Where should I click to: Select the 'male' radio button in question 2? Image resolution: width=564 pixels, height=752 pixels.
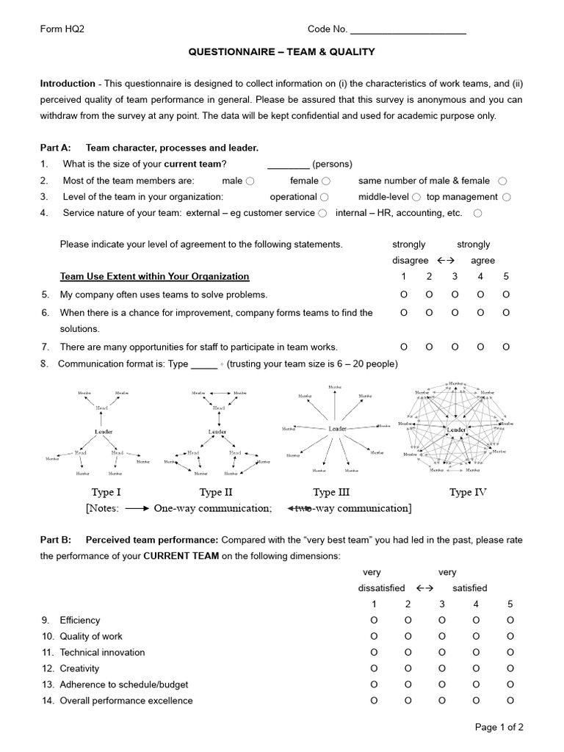pyautogui.click(x=250, y=181)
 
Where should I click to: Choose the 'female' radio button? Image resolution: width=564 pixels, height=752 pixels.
pyautogui.click(x=326, y=181)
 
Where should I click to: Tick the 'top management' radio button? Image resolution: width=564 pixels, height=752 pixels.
pyautogui.click(x=507, y=197)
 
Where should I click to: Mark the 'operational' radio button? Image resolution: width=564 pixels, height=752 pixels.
pyautogui.click(x=324, y=197)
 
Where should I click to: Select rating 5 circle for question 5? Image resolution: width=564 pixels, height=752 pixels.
pyautogui.click(x=506, y=294)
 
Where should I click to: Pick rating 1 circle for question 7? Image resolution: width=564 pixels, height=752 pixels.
pyautogui.click(x=403, y=347)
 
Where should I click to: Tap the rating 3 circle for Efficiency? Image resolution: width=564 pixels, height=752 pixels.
pyautogui.click(x=442, y=620)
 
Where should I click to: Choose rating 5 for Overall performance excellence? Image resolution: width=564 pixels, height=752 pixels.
pyautogui.click(x=510, y=701)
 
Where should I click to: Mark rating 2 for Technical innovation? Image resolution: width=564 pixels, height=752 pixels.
pyautogui.click(x=408, y=652)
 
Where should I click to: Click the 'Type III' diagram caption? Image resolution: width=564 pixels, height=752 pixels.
pyautogui.click(x=335, y=492)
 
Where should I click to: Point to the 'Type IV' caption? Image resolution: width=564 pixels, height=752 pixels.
pyautogui.click(x=468, y=492)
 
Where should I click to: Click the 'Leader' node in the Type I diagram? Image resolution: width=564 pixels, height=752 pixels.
pyautogui.click(x=104, y=432)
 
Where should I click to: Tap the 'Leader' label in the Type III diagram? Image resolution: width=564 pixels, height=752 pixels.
pyautogui.click(x=337, y=429)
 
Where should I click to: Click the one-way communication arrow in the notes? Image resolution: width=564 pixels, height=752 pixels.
pyautogui.click(x=138, y=508)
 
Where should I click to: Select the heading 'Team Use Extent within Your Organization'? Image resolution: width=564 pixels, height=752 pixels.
pyautogui.click(x=154, y=277)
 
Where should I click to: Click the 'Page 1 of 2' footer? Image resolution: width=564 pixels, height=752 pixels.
pyautogui.click(x=499, y=727)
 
